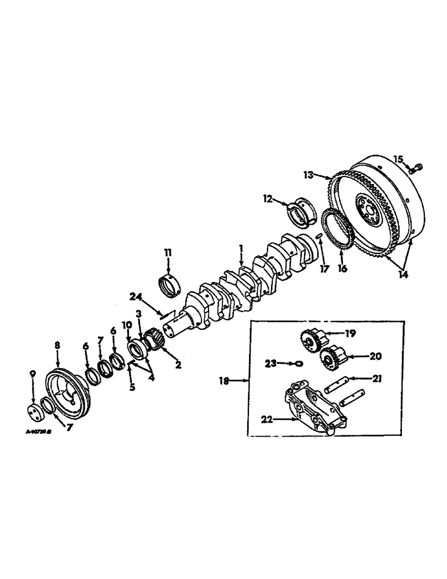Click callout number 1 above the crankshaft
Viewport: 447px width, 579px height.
[x=241, y=251]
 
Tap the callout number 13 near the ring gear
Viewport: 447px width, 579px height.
[x=308, y=174]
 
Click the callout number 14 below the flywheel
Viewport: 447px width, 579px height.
[x=403, y=275]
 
